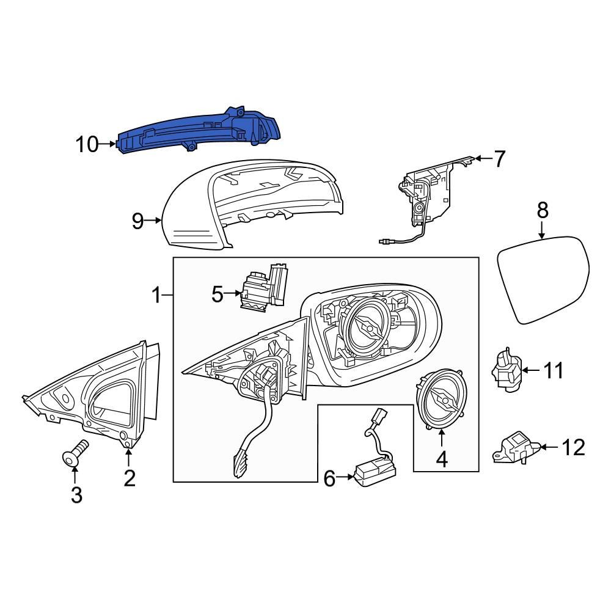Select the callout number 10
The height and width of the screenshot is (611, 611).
coord(87,145)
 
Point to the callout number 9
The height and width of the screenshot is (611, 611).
coord(138,221)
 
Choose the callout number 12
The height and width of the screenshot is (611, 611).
coord(573,448)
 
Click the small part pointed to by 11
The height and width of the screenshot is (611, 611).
coord(507,370)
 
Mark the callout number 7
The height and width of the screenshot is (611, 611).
coord(500,159)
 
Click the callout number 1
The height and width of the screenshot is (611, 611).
coord(156,297)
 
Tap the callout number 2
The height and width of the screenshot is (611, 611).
coord(129,478)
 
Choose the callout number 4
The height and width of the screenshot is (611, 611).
coord(441,458)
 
